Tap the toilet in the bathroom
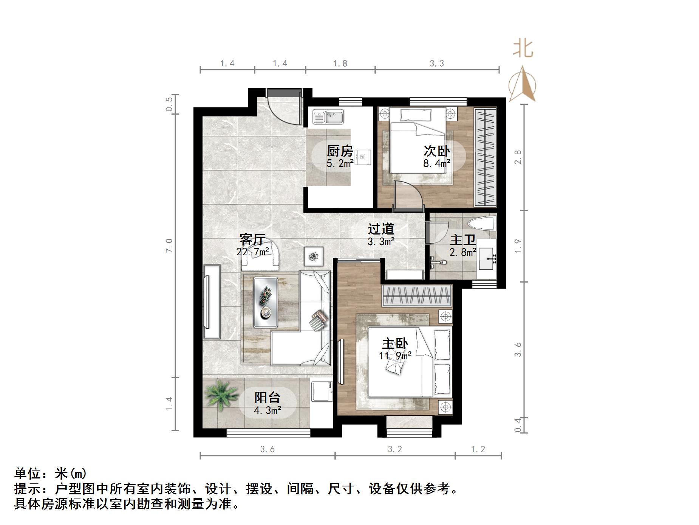[x=481, y=224]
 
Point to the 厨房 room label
[x=340, y=151]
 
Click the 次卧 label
[x=436, y=151]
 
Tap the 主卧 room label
[x=395, y=344]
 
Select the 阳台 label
[x=267, y=398]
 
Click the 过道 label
[x=381, y=229]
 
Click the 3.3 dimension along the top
[x=437, y=64]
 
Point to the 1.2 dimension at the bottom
[x=478, y=449]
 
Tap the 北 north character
[x=523, y=49]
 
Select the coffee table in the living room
[x=266, y=302]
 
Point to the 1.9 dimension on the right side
[x=518, y=246]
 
